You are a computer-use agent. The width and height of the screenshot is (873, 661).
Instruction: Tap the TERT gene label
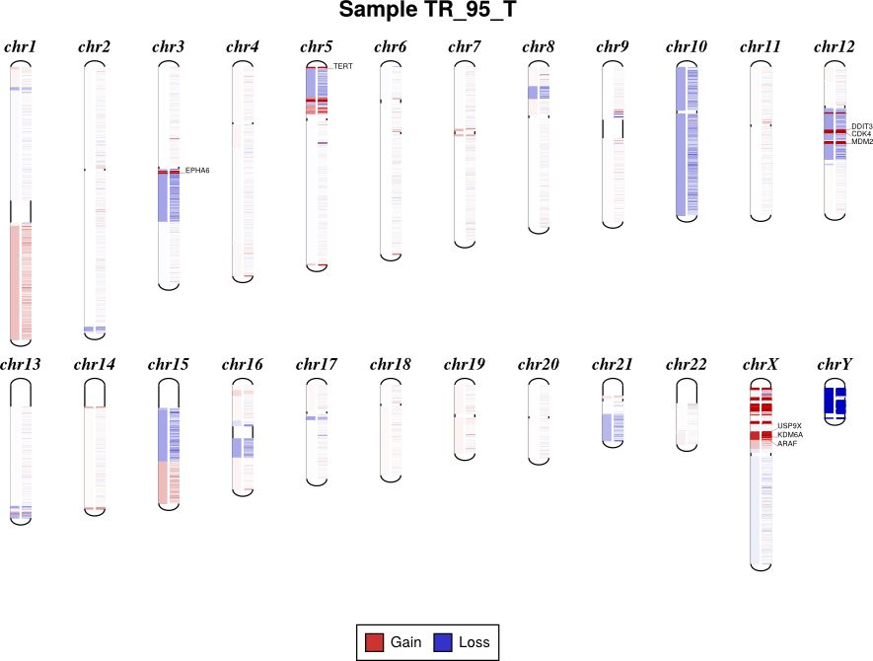tap(343, 66)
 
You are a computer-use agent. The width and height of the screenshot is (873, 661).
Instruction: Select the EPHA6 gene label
tap(197, 170)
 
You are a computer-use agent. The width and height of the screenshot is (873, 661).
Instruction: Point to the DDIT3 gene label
tap(861, 126)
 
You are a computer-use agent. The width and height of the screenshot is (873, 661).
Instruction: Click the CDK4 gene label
tap(861, 134)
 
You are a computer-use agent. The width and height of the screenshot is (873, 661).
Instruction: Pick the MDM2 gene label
tap(861, 142)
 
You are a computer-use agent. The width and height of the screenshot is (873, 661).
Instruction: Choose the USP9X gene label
tap(789, 426)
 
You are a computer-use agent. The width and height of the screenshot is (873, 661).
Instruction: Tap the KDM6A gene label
tap(789, 435)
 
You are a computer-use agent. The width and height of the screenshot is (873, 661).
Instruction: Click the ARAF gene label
tap(787, 444)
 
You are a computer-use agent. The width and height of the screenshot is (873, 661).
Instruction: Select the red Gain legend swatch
tap(374, 642)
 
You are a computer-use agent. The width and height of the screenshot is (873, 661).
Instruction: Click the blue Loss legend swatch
tap(443, 642)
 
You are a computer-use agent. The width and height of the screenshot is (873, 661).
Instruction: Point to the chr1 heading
tap(21, 46)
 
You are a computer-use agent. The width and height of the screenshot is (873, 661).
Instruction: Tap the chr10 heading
tap(687, 46)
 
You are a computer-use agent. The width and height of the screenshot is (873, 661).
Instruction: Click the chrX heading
tap(761, 365)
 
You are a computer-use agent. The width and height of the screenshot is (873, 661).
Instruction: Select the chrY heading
tap(835, 365)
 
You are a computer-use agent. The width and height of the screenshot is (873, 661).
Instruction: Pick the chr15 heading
tap(169, 365)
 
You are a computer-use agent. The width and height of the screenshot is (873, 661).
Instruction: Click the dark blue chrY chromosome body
tap(836, 404)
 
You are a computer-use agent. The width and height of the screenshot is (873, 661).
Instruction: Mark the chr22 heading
tap(687, 365)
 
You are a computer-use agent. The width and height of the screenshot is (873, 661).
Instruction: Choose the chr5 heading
tap(317, 46)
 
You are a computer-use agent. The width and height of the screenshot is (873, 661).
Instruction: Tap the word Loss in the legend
tap(473, 642)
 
